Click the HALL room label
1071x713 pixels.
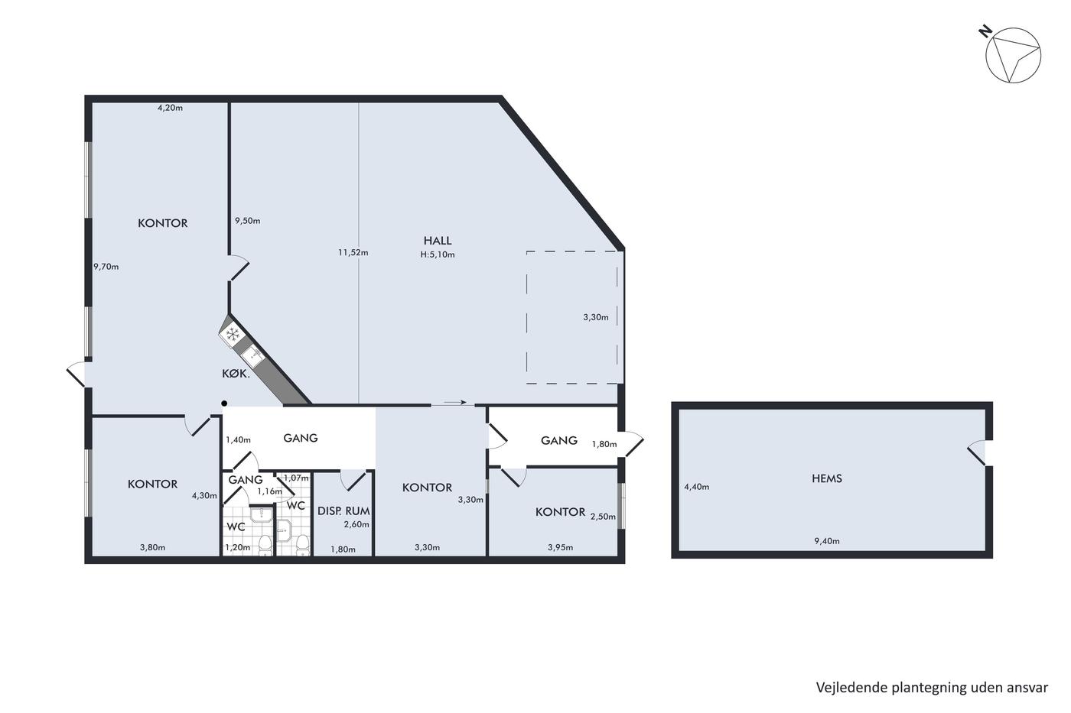[437, 241]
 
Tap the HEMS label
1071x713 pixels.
[827, 478]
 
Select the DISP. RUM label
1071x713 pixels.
[343, 511]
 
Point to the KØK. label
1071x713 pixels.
[236, 374]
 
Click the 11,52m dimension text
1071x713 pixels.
[353, 253]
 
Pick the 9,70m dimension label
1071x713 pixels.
[106, 267]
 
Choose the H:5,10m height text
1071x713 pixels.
[438, 254]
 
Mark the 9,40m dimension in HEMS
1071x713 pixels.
[827, 541]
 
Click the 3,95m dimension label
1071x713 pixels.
[560, 547]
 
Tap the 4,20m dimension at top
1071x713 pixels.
[170, 108]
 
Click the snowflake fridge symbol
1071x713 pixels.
[233, 334]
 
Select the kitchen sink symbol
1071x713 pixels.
[252, 356]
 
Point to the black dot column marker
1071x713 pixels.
[223, 403]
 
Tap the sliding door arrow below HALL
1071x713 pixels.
[454, 403]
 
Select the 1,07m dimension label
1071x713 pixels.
[297, 478]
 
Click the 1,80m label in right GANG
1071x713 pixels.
[604, 444]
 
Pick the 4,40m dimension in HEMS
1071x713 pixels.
[697, 487]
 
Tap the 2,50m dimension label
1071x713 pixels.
[603, 517]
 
